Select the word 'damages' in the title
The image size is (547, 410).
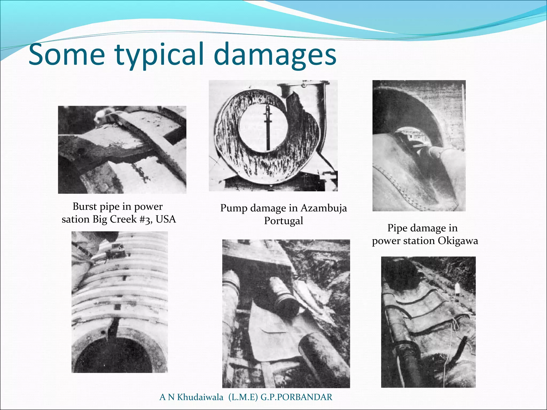275,55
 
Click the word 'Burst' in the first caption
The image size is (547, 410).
85,206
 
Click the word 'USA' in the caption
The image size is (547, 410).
166,219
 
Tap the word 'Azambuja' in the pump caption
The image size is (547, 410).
323,208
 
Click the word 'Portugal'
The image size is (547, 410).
283,221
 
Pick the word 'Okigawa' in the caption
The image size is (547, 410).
458,241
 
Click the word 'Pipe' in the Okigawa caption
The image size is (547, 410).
397,228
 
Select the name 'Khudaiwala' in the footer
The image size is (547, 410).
200,397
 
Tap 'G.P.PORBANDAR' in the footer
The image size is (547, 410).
296,397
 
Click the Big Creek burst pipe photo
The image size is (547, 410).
122,150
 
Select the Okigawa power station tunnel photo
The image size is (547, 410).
419,146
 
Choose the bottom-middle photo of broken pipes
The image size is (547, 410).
286,314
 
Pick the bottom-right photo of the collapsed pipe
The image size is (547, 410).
428,322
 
